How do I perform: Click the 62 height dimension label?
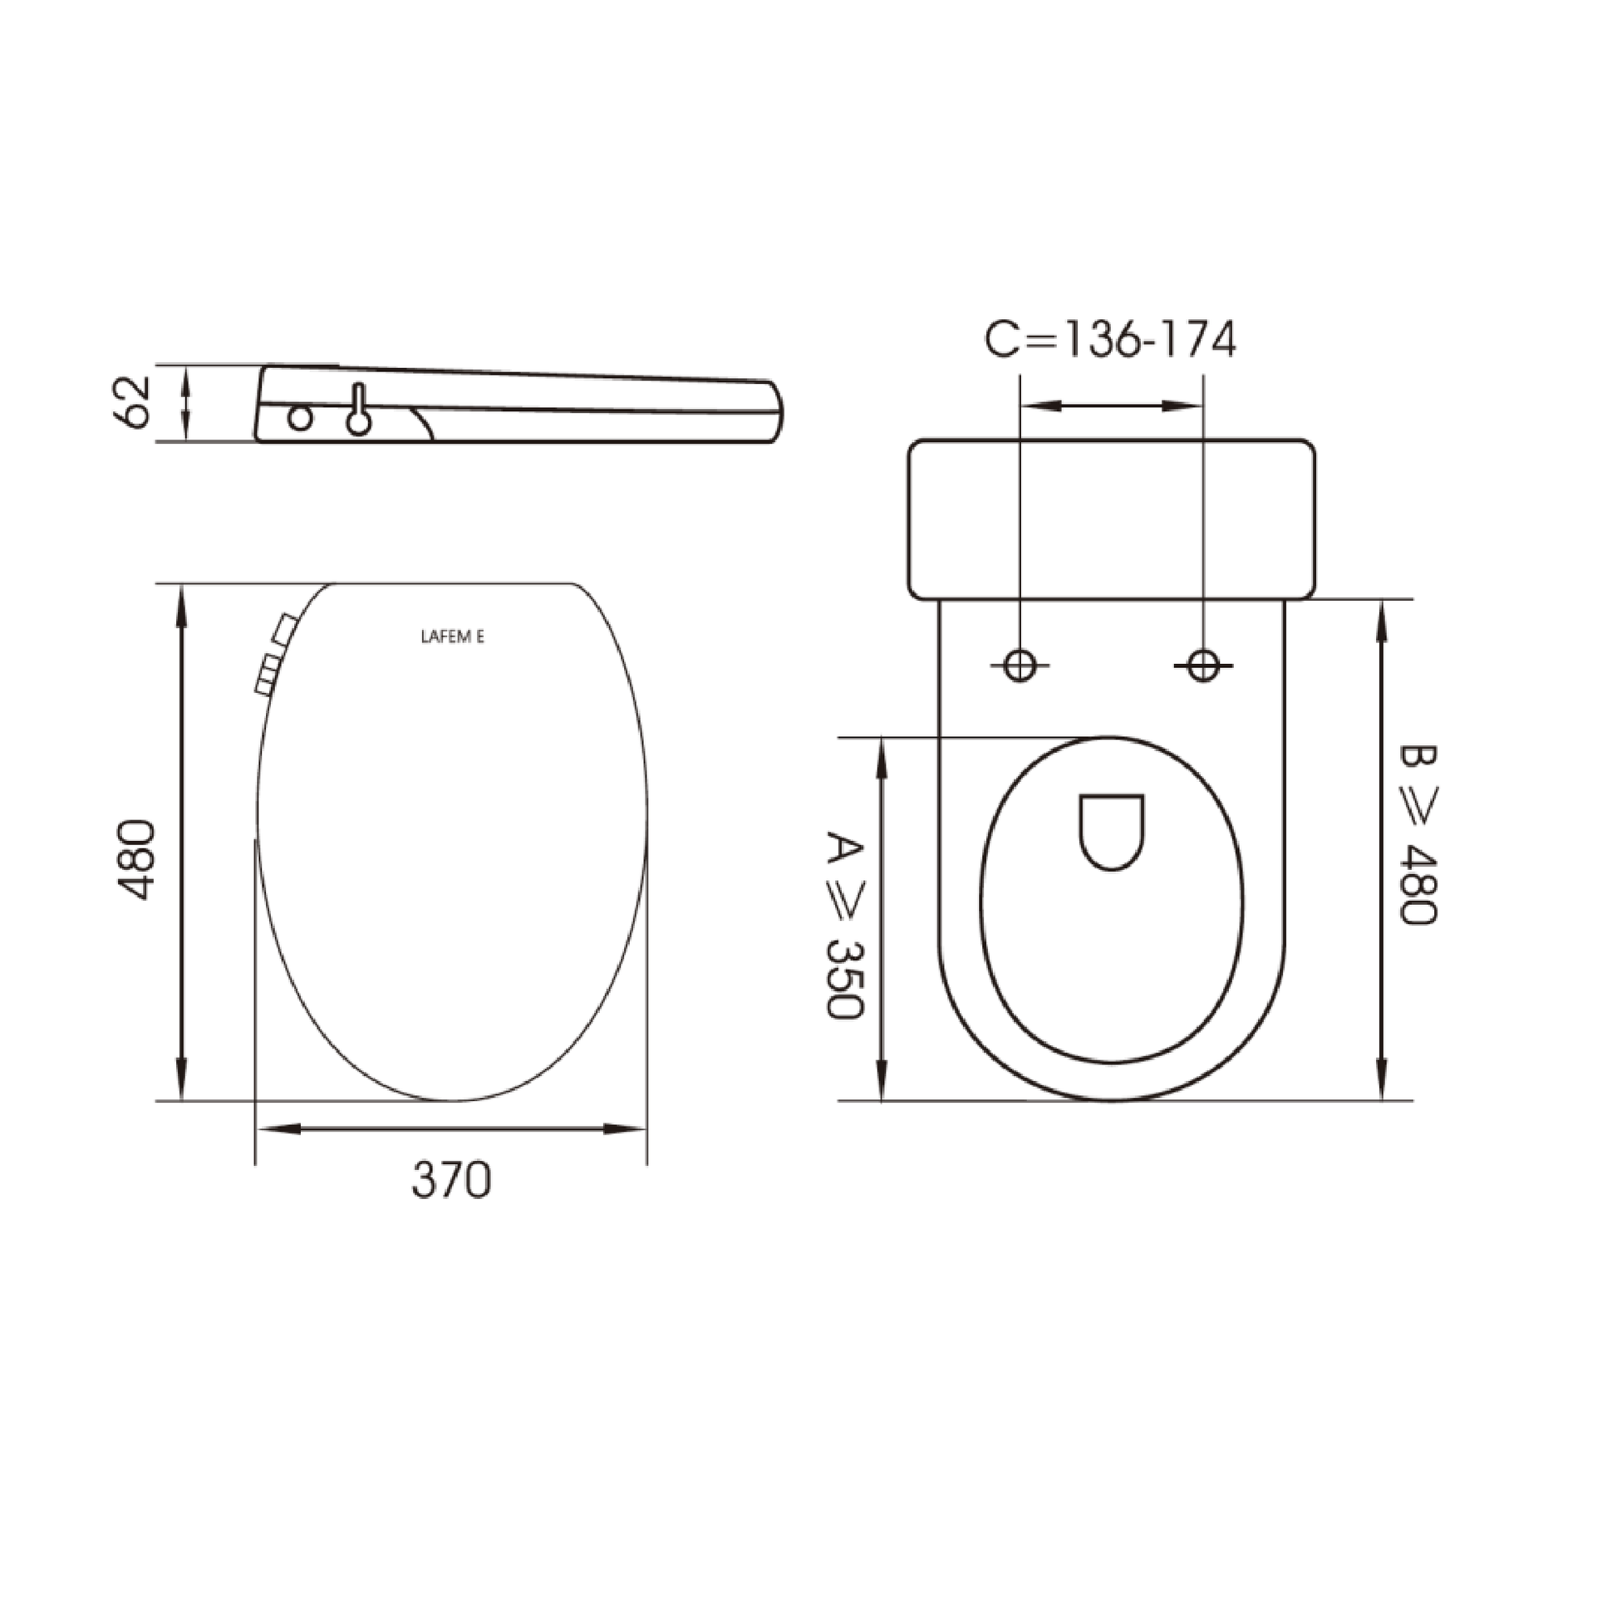tap(132, 403)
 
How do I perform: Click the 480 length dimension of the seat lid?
tap(135, 859)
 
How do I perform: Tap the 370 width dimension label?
tap(451, 1181)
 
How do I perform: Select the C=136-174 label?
tap(1110, 341)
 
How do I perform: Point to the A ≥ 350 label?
tap(843, 925)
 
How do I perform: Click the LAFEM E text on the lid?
tap(452, 637)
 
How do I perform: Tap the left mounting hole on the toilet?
tap(1020, 666)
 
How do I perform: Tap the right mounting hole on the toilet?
tap(1203, 666)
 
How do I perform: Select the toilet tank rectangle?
tap(1112, 519)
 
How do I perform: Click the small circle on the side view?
tap(301, 418)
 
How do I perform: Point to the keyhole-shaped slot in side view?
tap(359, 412)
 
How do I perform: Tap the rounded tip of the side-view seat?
tap(775, 412)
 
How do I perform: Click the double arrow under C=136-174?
tap(1112, 406)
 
